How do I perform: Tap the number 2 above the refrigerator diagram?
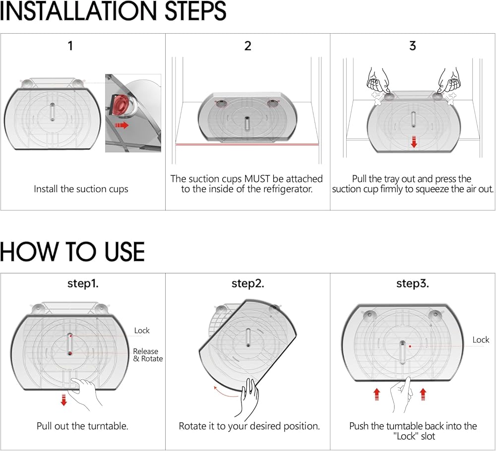click(x=248, y=46)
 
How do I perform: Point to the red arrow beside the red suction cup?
click(x=122, y=126)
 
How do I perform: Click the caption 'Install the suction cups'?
click(x=81, y=189)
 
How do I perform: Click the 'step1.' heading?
click(x=83, y=284)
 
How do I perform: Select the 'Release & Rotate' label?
click(x=148, y=355)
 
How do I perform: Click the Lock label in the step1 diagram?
click(x=142, y=330)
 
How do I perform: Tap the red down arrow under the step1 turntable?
click(x=64, y=400)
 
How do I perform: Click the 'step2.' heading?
click(x=248, y=284)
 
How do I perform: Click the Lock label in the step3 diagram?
click(x=481, y=340)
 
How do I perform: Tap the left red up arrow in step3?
click(x=376, y=394)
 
